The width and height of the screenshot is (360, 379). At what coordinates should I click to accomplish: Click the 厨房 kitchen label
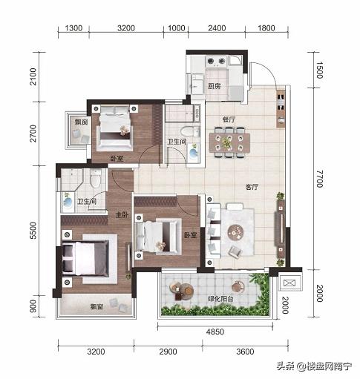(x=214, y=86)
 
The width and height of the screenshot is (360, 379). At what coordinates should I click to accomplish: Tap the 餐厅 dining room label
(x=229, y=119)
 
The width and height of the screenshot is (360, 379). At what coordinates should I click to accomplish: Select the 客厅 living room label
(x=252, y=187)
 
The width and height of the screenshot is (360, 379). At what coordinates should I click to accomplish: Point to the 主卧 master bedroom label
(x=122, y=215)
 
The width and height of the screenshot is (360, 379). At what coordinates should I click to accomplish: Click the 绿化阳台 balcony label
(x=220, y=299)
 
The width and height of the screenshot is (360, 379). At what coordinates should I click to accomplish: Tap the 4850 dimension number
(x=215, y=332)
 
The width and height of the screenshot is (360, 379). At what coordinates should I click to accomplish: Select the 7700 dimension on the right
(x=320, y=179)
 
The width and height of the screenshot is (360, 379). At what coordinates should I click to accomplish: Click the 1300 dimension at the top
(x=73, y=28)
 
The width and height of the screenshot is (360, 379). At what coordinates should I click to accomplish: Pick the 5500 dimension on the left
(x=33, y=231)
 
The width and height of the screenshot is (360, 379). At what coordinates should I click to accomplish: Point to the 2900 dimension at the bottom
(x=168, y=352)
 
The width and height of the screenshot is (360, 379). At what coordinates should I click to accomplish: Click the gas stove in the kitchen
(x=217, y=61)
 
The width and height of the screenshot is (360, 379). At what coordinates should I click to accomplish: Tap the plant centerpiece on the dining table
(x=226, y=142)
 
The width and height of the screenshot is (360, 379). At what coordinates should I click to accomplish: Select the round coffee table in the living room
(x=235, y=232)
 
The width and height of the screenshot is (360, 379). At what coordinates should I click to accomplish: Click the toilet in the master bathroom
(x=95, y=179)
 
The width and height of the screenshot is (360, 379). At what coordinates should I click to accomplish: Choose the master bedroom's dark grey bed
(x=85, y=258)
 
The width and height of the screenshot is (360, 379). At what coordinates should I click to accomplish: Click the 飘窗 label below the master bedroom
(x=96, y=307)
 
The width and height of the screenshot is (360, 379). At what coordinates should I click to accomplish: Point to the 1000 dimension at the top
(x=177, y=28)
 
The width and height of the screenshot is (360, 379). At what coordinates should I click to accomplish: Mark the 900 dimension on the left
(x=33, y=306)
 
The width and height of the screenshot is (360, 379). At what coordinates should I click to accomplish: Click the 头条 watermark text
(x=286, y=366)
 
